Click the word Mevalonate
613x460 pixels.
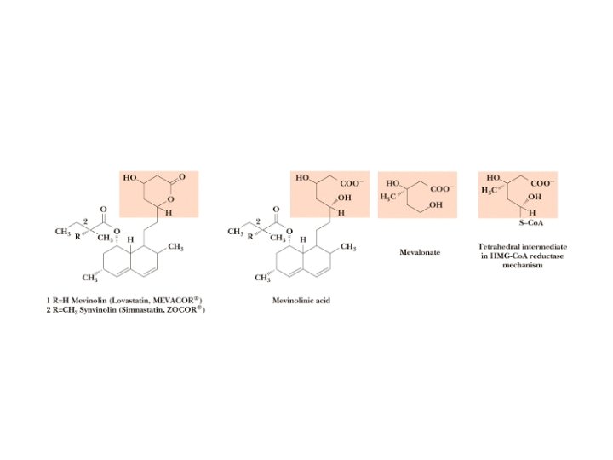(420, 252)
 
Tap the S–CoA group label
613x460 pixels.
(536, 224)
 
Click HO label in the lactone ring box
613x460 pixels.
(130, 179)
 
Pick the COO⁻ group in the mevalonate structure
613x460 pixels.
(442, 188)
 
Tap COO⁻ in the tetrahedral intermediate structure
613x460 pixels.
(542, 183)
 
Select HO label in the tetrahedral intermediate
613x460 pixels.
(492, 178)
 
